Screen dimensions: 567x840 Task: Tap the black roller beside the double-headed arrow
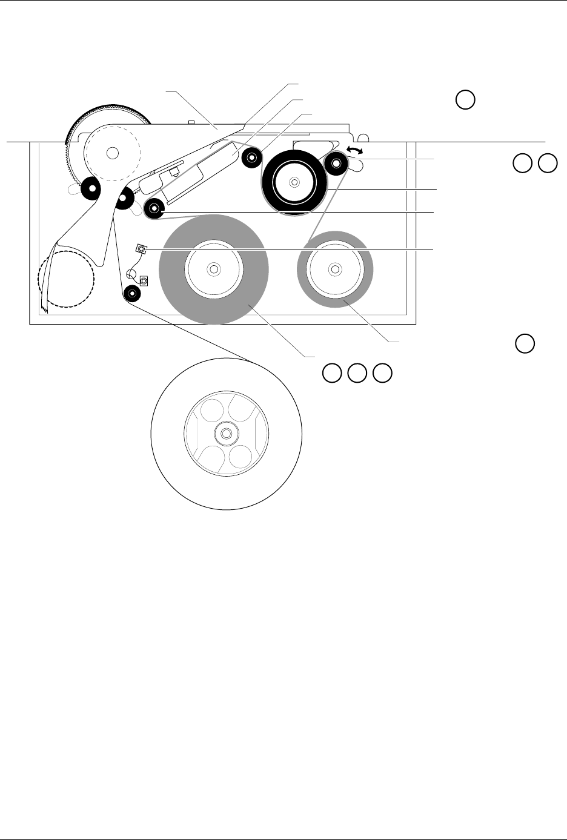click(336, 163)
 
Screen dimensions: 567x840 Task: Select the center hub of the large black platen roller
click(294, 181)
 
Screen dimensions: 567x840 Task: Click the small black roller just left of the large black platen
click(251, 159)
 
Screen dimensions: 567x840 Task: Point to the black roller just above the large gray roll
click(154, 209)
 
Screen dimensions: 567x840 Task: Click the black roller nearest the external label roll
click(132, 294)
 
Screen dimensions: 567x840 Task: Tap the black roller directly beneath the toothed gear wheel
click(90, 190)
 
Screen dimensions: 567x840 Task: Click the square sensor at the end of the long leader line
click(141, 248)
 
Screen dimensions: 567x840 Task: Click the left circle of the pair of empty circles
click(522, 163)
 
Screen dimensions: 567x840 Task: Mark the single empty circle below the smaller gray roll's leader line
click(525, 343)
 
